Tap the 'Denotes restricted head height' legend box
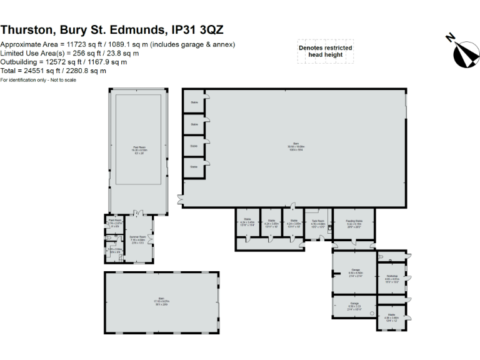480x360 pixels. [325, 51]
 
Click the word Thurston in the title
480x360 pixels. [29, 29]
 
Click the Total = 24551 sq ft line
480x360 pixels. [53, 71]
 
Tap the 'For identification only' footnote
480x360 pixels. [38, 79]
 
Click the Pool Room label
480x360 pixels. [139, 149]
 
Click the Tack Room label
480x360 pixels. [317, 221]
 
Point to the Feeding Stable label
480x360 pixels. [354, 221]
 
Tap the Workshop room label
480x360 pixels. [392, 277]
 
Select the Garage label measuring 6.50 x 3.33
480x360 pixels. [354, 304]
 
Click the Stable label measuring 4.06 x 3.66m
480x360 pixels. [391, 317]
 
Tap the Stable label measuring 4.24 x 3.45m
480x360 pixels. [247, 221]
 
